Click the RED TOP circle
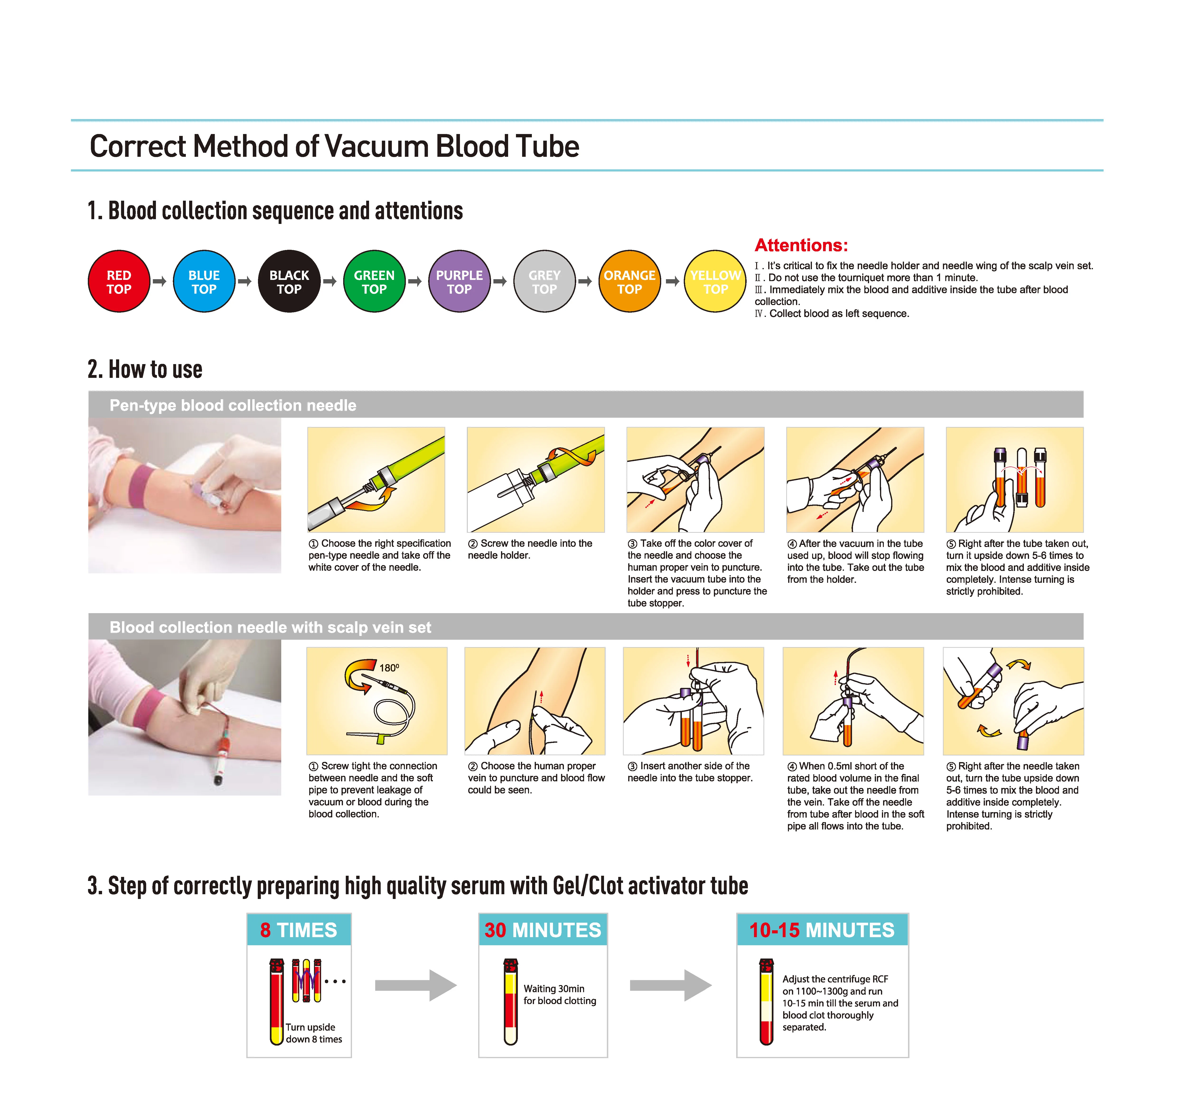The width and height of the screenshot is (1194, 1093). click(x=119, y=281)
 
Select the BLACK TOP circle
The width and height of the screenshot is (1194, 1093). click(x=289, y=281)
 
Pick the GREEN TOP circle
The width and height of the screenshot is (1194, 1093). click(x=374, y=281)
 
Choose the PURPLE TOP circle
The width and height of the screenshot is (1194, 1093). click(x=460, y=281)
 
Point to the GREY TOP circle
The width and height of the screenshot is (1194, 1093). click(x=544, y=281)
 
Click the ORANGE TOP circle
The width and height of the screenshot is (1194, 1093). click(x=630, y=281)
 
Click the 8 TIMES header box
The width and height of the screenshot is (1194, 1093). click(x=299, y=930)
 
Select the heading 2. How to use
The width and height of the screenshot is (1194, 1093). click(x=145, y=370)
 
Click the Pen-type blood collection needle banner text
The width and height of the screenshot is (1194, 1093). click(x=233, y=406)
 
